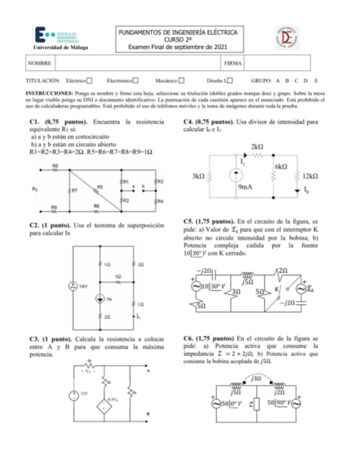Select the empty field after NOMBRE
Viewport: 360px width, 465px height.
coord(137,64)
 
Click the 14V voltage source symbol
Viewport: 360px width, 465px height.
coord(72,286)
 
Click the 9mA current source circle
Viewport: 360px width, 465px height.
coord(234,176)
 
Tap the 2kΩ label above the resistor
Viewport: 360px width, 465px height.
coord(257,147)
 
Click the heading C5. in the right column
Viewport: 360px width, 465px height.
coord(189,222)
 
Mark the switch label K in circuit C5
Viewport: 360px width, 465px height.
coord(277,287)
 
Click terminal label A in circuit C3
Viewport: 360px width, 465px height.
coord(148,370)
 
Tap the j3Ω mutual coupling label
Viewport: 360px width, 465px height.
coord(256,378)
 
